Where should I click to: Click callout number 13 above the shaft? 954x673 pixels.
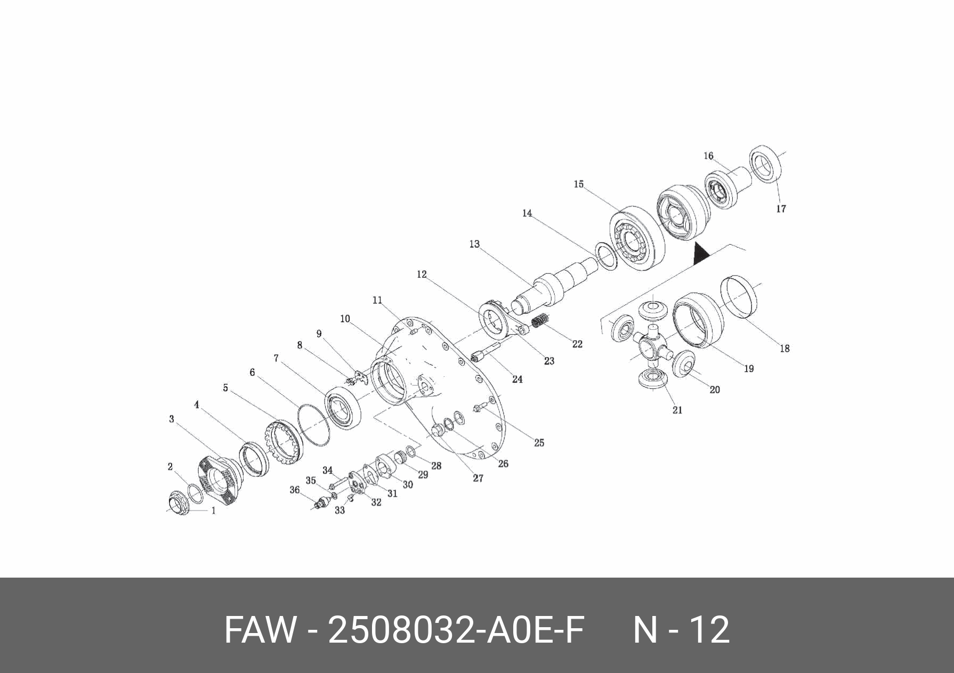(x=474, y=244)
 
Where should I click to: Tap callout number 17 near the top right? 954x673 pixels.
(x=781, y=209)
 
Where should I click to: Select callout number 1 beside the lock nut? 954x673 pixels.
(x=214, y=510)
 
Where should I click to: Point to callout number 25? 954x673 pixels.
(x=539, y=442)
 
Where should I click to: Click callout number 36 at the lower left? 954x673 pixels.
(x=294, y=490)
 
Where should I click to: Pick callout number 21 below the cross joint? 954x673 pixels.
(x=677, y=410)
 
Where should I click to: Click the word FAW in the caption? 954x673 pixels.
(x=260, y=630)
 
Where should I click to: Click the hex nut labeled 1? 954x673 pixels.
(x=179, y=504)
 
